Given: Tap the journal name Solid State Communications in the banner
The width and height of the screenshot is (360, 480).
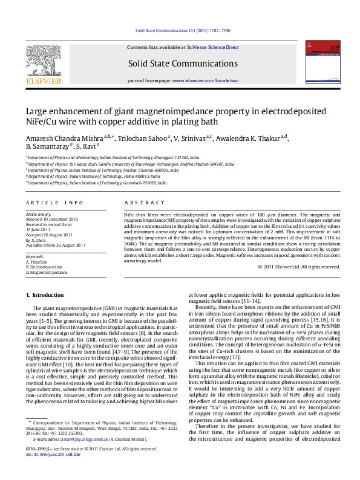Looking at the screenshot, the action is (166, 62).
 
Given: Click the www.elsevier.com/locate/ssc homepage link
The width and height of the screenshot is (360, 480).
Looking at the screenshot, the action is (205, 80).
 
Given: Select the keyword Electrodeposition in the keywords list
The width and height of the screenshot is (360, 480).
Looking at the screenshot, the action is (46, 267).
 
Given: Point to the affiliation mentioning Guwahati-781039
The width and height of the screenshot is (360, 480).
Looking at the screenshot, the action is (97, 183).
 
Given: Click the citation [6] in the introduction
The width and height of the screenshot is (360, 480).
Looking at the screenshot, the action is (159, 333).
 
